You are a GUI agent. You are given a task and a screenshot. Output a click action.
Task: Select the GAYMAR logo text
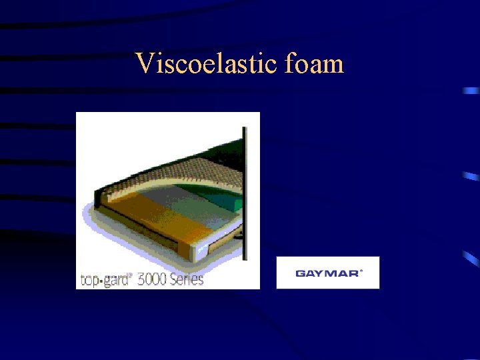(x=327, y=273)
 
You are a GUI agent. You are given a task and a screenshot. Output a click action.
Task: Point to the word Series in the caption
(x=189, y=279)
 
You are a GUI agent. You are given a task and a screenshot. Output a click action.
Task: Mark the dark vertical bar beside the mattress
(x=245, y=193)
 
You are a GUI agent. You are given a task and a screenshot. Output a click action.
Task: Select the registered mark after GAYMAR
(x=361, y=271)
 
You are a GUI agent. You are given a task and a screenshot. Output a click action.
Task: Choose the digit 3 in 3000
(x=141, y=279)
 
